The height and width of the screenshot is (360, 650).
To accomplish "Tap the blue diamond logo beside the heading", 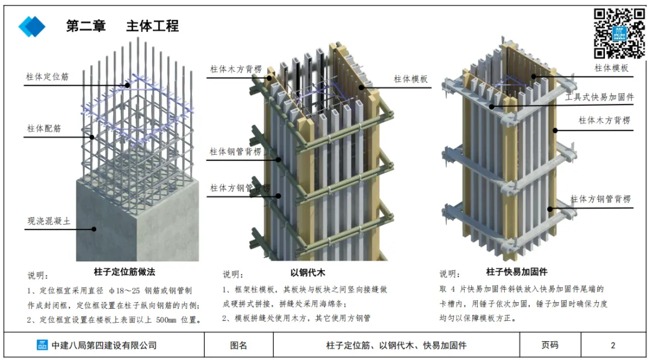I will [32, 26].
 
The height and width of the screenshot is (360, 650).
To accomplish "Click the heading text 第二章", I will [85, 26].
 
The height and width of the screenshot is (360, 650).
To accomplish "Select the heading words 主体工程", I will [152, 26].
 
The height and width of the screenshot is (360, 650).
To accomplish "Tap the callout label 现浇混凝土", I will [49, 221].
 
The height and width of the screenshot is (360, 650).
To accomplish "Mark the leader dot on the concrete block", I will [94, 228].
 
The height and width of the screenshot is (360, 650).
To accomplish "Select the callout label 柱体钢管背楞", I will [235, 152].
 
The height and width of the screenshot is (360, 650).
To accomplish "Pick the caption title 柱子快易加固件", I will [516, 272].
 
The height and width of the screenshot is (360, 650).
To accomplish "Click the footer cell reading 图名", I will [238, 346].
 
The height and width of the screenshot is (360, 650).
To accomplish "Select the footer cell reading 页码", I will [549, 346].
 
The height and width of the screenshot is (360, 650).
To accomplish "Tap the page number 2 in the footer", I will [613, 346].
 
